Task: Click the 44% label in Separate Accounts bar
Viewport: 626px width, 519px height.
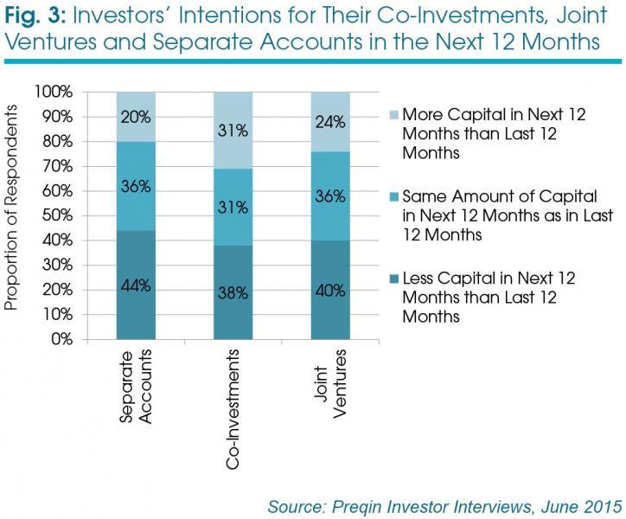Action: [x=136, y=285]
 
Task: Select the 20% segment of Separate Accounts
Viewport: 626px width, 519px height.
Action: [x=136, y=117]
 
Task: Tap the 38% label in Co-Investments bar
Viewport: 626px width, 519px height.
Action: [x=233, y=293]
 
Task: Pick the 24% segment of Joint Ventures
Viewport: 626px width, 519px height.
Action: [x=330, y=122]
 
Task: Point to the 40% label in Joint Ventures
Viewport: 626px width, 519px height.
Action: [x=330, y=291]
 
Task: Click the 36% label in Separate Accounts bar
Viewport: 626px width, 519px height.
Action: [x=136, y=186]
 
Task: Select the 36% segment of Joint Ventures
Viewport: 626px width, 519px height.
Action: [x=330, y=196]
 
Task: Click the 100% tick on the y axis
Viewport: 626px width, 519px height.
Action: [x=54, y=92]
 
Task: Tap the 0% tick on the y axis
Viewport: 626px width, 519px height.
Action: [x=62, y=339]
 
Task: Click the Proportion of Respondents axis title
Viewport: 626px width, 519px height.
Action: [x=11, y=208]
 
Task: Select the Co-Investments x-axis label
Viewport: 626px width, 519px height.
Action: [x=233, y=409]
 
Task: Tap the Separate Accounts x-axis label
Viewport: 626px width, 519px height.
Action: [x=136, y=387]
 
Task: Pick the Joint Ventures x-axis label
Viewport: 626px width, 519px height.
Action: [x=329, y=384]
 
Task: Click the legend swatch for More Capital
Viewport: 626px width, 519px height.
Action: [x=394, y=115]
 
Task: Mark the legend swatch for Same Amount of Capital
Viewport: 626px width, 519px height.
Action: [x=394, y=197]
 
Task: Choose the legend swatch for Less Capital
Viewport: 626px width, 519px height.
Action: [x=394, y=279]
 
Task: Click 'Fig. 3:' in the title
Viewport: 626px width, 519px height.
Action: [x=35, y=16]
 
